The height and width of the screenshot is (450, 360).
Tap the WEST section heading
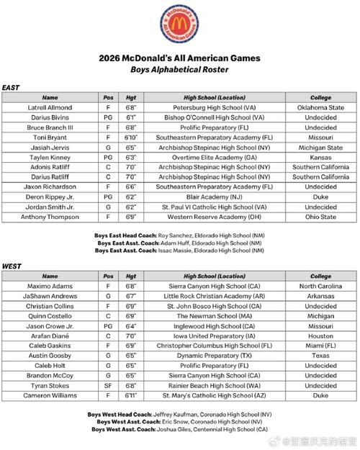click(12, 266)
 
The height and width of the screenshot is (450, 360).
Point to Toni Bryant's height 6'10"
click(131, 137)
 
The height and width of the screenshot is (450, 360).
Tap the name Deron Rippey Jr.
click(50, 196)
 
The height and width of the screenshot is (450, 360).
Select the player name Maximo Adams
click(50, 287)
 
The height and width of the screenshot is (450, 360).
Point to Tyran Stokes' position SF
click(108, 385)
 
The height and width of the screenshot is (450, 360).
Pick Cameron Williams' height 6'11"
click(131, 395)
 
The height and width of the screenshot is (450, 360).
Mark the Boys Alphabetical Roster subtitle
click(180, 69)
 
